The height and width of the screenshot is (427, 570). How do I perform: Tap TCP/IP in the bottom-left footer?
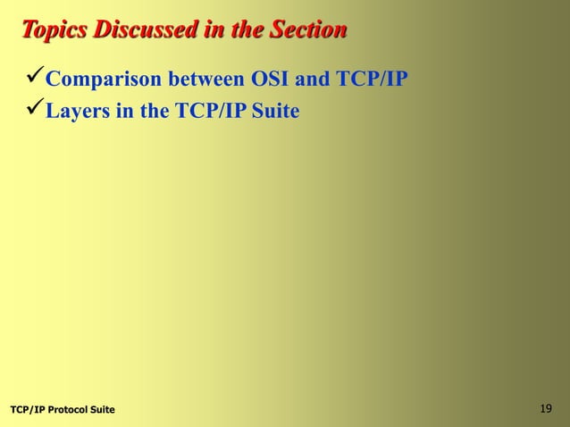pos(27,410)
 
